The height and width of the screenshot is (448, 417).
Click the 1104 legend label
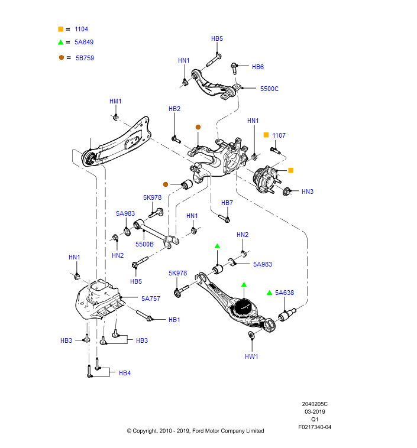[x=81, y=29]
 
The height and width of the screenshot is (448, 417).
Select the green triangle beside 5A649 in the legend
[x=60, y=43]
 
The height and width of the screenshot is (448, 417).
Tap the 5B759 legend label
[x=85, y=58]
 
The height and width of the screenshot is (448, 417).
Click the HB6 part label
[x=258, y=67]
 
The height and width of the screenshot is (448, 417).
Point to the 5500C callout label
[x=269, y=89]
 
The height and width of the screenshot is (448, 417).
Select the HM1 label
[x=115, y=101]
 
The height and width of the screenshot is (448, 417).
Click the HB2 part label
[x=174, y=109]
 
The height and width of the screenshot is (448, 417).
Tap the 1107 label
[x=279, y=135]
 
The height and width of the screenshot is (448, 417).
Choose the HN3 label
[x=308, y=191]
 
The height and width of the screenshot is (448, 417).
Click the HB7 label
[x=227, y=203]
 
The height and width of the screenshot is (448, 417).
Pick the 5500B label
[x=144, y=244]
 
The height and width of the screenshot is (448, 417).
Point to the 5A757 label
[x=151, y=299]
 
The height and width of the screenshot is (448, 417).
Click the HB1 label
[x=174, y=320]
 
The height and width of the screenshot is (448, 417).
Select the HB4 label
[x=124, y=373]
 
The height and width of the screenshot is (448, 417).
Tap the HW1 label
[x=251, y=356]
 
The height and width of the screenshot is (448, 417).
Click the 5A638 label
[x=285, y=293]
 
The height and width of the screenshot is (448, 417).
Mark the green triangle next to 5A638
[x=269, y=293]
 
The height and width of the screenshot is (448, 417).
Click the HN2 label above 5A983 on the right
[x=243, y=235]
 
